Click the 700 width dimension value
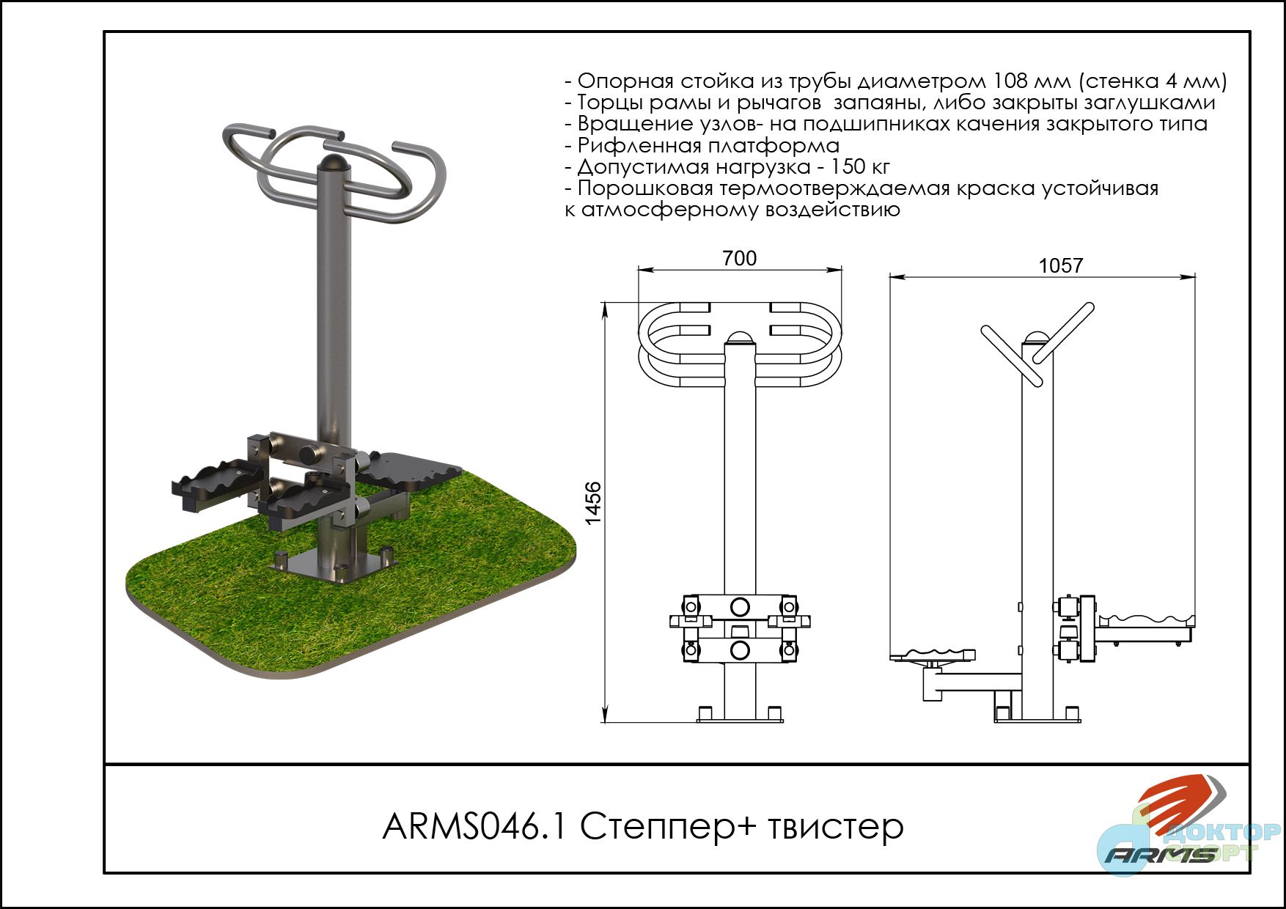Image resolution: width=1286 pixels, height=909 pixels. [739, 258]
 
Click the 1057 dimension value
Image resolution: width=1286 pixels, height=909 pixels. [1060, 265]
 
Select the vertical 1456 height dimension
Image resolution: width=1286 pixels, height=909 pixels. [593, 503]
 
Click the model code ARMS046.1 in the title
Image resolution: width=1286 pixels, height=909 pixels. [475, 827]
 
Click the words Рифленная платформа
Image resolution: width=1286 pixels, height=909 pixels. [708, 145]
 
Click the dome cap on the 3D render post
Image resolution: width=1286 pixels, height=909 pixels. [335, 163]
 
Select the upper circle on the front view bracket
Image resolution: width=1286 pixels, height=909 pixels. [740, 607]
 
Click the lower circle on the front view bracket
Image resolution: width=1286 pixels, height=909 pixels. [740, 649]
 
